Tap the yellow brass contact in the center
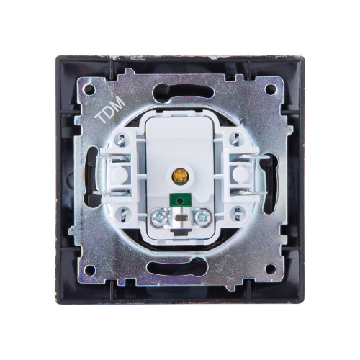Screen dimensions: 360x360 tap(179, 176)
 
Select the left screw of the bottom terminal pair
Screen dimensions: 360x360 tap(159, 217)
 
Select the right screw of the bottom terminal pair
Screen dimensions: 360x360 tap(203, 217)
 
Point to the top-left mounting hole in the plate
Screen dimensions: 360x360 tap(89, 89)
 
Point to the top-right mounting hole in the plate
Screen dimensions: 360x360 tap(271, 89)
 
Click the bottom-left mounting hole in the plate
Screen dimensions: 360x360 tap(90, 270)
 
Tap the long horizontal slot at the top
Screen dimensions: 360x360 tap(184, 90)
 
